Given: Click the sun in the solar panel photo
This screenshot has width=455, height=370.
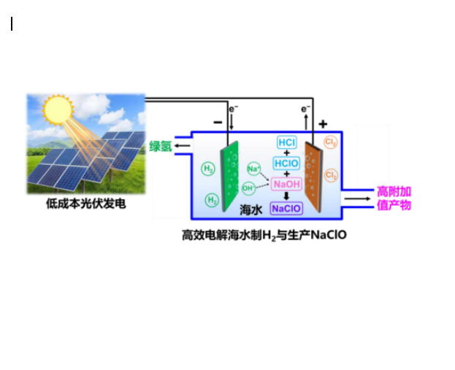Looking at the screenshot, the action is [58, 109].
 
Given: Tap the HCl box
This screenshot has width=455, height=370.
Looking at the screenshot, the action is [287, 142].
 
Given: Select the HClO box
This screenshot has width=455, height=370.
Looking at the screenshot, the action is [286, 163].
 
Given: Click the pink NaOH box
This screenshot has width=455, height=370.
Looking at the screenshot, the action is [286, 184].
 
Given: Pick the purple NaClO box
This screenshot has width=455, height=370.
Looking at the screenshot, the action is [286, 209].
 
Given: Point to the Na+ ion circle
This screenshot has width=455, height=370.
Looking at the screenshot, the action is [254, 169].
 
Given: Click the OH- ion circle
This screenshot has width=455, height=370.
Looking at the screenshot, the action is [249, 188].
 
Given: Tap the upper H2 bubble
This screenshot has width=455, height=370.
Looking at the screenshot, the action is [208, 169].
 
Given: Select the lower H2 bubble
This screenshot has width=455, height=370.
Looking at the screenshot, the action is [212, 200].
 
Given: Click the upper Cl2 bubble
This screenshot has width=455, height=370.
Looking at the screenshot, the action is [331, 142].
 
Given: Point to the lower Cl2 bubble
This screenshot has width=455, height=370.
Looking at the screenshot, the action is [331, 175].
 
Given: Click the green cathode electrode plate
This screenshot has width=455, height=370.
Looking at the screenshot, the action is [230, 176].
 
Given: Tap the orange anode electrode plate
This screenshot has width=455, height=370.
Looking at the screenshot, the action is [314, 177].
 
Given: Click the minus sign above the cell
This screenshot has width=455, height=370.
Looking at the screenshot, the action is [218, 123].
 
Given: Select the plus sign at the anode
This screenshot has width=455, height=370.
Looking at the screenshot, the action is [323, 124].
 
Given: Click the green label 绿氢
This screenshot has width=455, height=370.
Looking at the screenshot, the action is [161, 146].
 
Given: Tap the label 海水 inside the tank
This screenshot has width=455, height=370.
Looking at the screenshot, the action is [251, 209].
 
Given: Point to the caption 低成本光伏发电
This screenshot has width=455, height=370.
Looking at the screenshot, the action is [86, 204].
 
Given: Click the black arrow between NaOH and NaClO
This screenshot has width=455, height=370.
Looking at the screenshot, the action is [286, 196].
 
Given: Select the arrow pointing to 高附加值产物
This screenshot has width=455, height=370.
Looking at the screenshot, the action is [358, 199].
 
